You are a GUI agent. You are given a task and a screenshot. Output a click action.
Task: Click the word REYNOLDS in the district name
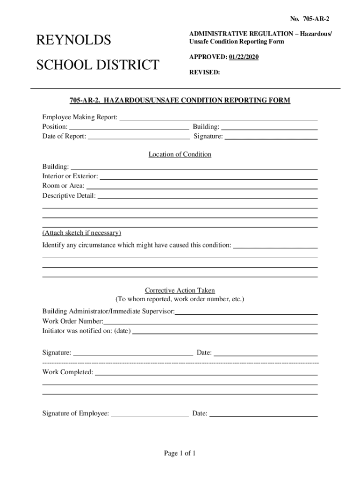(x=73, y=41)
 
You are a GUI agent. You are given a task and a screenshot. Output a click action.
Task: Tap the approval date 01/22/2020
(x=243, y=57)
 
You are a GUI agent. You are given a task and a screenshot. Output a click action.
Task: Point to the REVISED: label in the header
(x=204, y=73)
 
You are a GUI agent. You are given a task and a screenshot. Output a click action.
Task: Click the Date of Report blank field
(x=139, y=138)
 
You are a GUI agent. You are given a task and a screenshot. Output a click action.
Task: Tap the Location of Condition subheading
(x=180, y=154)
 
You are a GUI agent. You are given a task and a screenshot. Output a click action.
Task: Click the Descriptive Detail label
(x=69, y=196)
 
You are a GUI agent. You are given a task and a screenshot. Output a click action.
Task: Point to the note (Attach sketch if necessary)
(x=82, y=232)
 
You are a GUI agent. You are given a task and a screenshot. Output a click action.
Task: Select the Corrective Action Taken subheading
(x=180, y=290)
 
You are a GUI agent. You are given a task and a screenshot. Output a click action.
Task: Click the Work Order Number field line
(x=210, y=322)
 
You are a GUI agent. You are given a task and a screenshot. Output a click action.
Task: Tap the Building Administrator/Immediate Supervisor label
(x=108, y=311)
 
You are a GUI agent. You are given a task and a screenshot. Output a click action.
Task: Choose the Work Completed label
(x=68, y=372)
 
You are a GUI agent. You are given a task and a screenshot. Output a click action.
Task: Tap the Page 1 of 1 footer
(x=180, y=453)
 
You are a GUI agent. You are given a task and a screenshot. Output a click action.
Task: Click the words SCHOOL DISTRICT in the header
(x=98, y=65)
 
